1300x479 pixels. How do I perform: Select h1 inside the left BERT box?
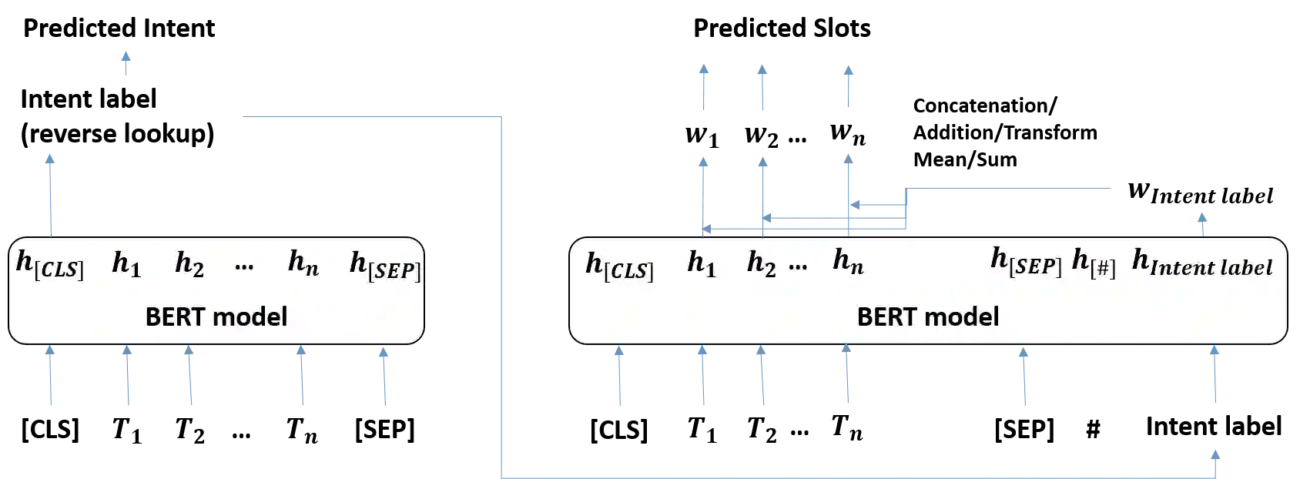click(x=126, y=264)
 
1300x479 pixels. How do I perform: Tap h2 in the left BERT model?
click(x=189, y=264)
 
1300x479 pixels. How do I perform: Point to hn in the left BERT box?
click(x=303, y=264)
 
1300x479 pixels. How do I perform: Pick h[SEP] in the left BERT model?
click(x=385, y=266)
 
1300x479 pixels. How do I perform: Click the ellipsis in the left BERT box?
click(x=244, y=266)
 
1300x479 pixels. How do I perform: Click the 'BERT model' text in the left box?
click(x=216, y=317)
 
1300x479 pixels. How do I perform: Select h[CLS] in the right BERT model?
click(x=619, y=266)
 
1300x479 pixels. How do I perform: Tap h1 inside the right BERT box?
click(x=702, y=265)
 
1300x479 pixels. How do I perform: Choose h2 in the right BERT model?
click(x=762, y=265)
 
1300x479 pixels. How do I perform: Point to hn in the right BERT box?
click(x=848, y=263)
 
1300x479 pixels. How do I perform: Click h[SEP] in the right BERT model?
click(x=1026, y=262)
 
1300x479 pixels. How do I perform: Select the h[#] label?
click(x=1094, y=263)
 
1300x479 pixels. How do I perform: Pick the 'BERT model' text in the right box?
click(x=928, y=317)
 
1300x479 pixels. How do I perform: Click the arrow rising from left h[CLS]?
click(x=51, y=193)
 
